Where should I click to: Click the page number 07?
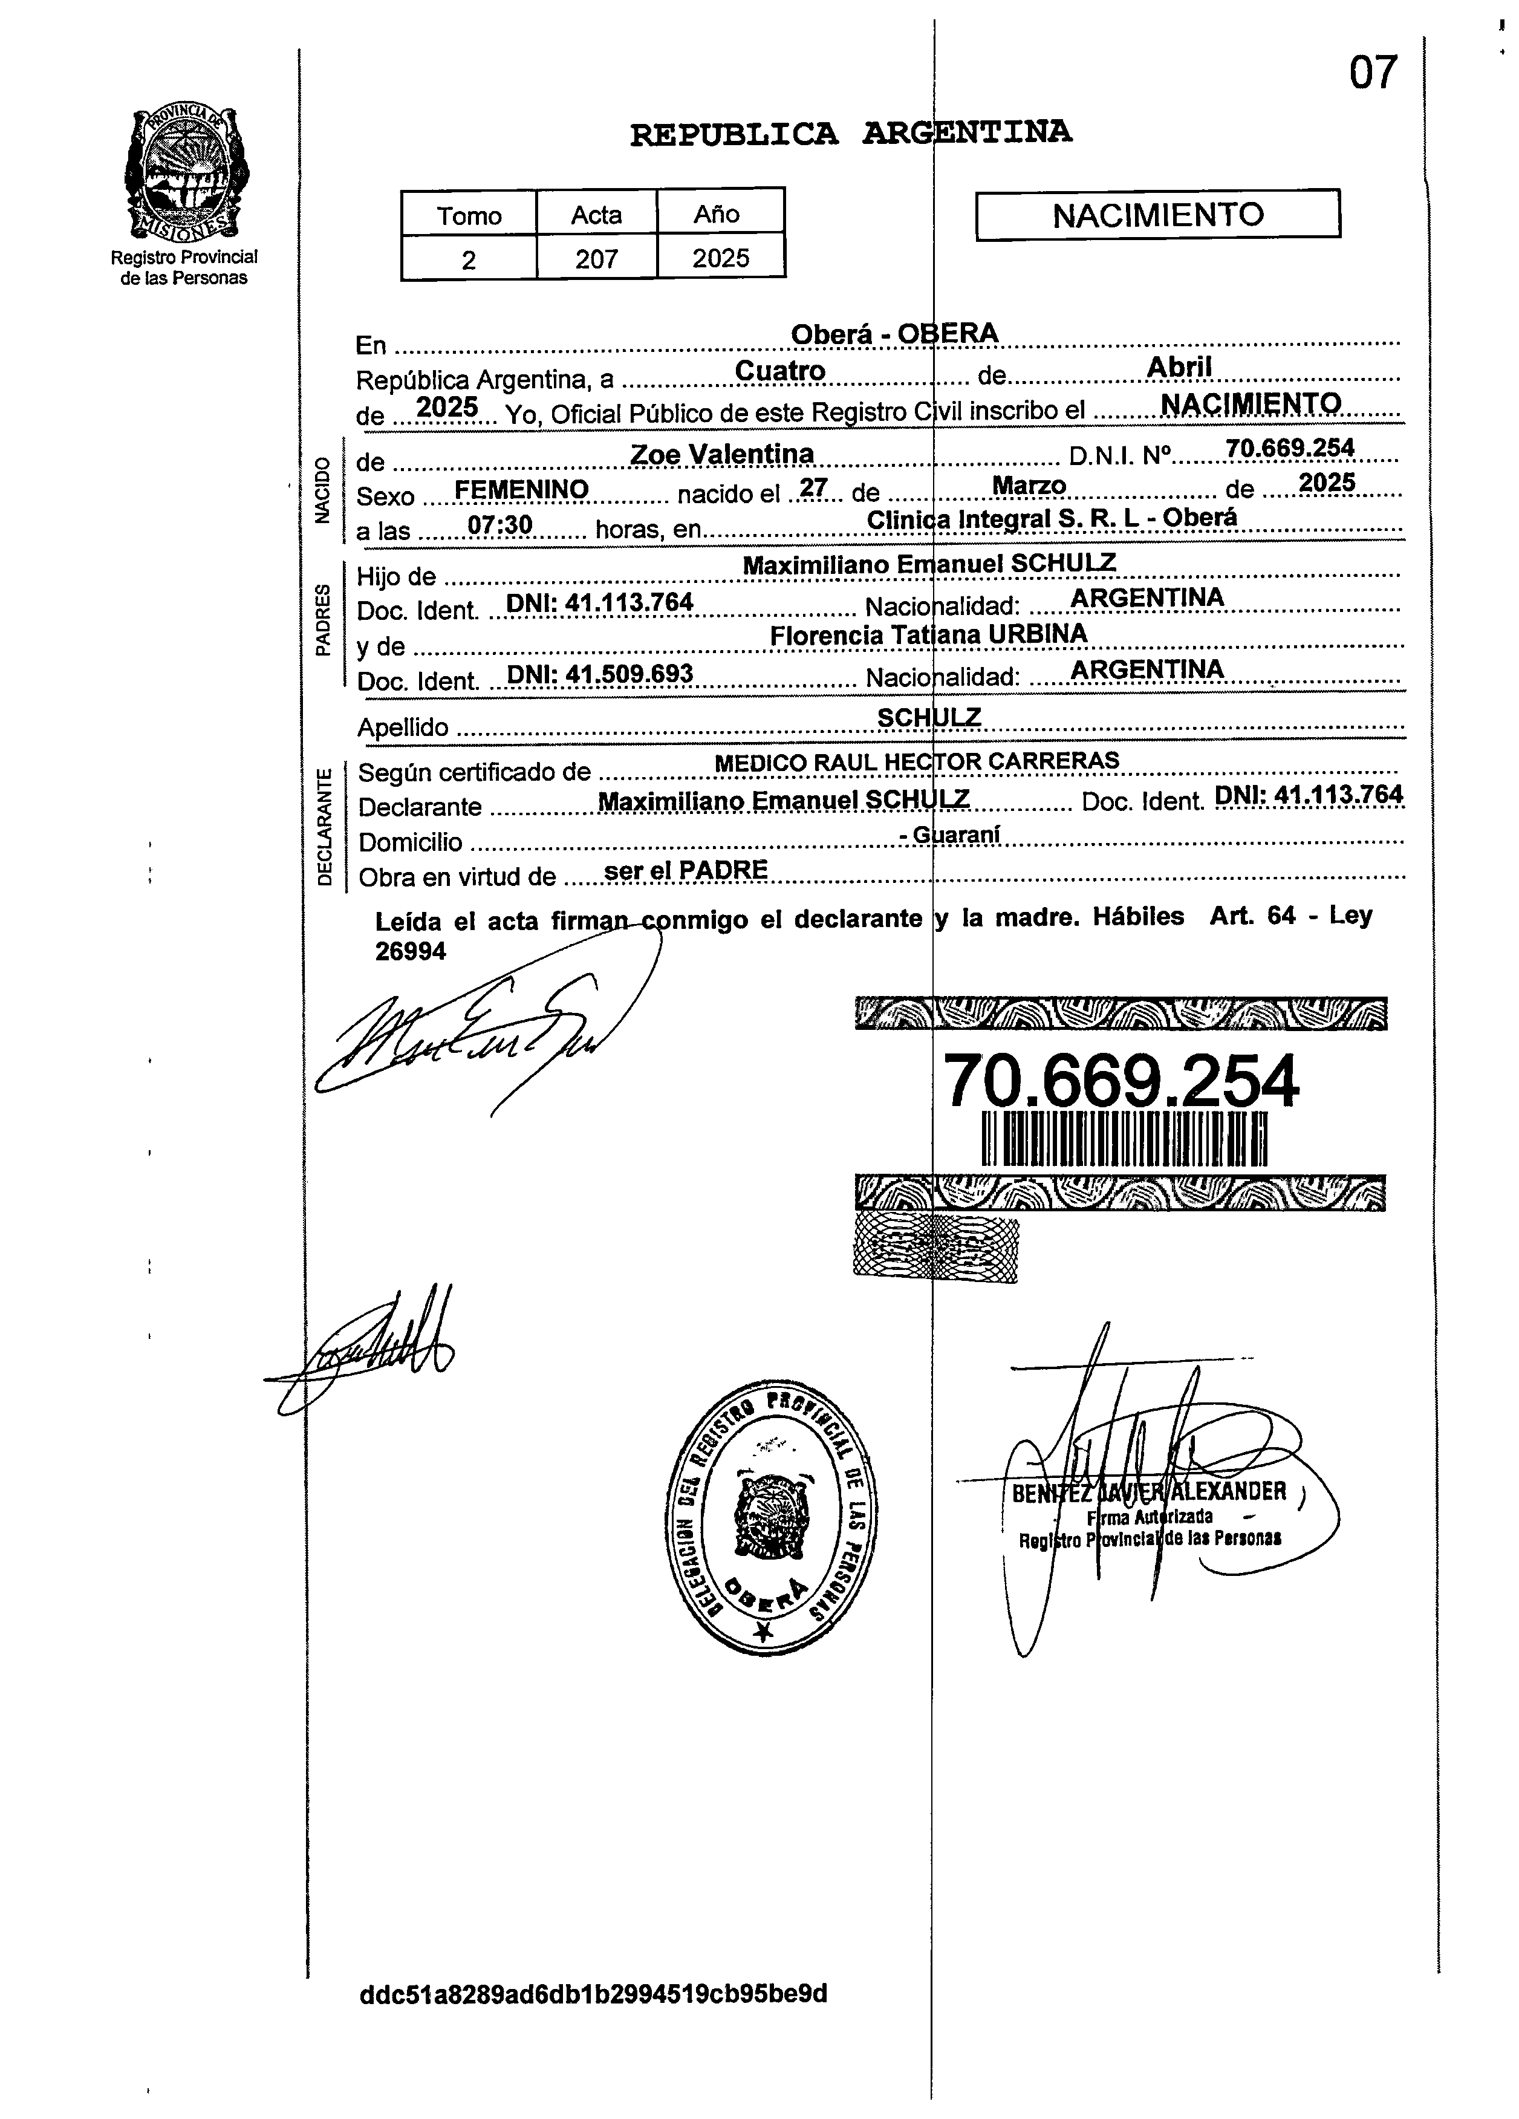coord(1372,73)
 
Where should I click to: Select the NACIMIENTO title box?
coord(1157,215)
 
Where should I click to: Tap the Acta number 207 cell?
coord(596,258)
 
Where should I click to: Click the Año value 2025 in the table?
coord(720,258)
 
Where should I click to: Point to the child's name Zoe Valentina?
coord(722,454)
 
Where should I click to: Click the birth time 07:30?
coord(500,525)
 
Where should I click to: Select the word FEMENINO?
coord(521,490)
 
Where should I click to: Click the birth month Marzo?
coord(1029,486)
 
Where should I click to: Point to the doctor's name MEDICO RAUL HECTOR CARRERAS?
coord(917,761)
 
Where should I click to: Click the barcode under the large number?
coord(1124,1139)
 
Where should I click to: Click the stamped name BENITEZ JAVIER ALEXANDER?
coord(1149,1492)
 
